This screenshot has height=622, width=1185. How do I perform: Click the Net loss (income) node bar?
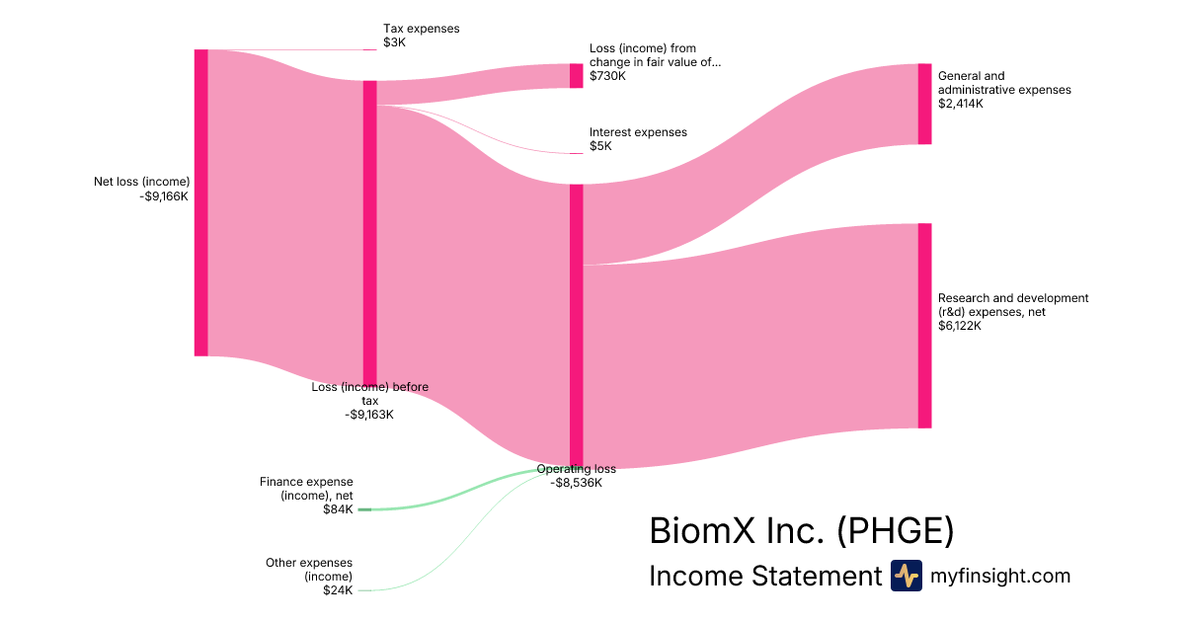click(x=201, y=202)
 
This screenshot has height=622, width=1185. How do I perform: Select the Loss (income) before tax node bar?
click(x=370, y=232)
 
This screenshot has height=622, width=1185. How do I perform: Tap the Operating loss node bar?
click(x=577, y=324)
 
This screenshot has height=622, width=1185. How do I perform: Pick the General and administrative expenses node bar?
click(x=924, y=104)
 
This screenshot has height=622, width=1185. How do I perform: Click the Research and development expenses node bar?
click(x=924, y=326)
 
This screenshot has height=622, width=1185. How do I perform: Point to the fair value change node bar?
click(x=577, y=76)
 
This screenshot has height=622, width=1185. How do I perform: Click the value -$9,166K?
click(x=164, y=195)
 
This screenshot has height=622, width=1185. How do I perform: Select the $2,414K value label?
click(x=961, y=104)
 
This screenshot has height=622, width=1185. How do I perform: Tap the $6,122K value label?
click(x=960, y=326)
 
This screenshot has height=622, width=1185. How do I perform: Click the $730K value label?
click(x=607, y=76)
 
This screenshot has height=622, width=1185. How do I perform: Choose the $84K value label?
click(x=337, y=509)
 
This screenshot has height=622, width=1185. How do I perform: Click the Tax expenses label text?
click(x=422, y=29)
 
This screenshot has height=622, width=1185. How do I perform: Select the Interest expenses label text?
click(x=638, y=132)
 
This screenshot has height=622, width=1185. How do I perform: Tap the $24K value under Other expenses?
click(x=337, y=590)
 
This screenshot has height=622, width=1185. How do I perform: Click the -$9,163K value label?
click(x=369, y=415)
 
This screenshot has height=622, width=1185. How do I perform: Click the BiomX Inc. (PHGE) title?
click(x=802, y=531)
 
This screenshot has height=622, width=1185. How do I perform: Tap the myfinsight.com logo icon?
click(x=906, y=576)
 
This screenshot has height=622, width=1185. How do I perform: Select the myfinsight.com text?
click(x=1000, y=576)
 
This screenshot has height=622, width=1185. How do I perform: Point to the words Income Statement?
click(x=764, y=577)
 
